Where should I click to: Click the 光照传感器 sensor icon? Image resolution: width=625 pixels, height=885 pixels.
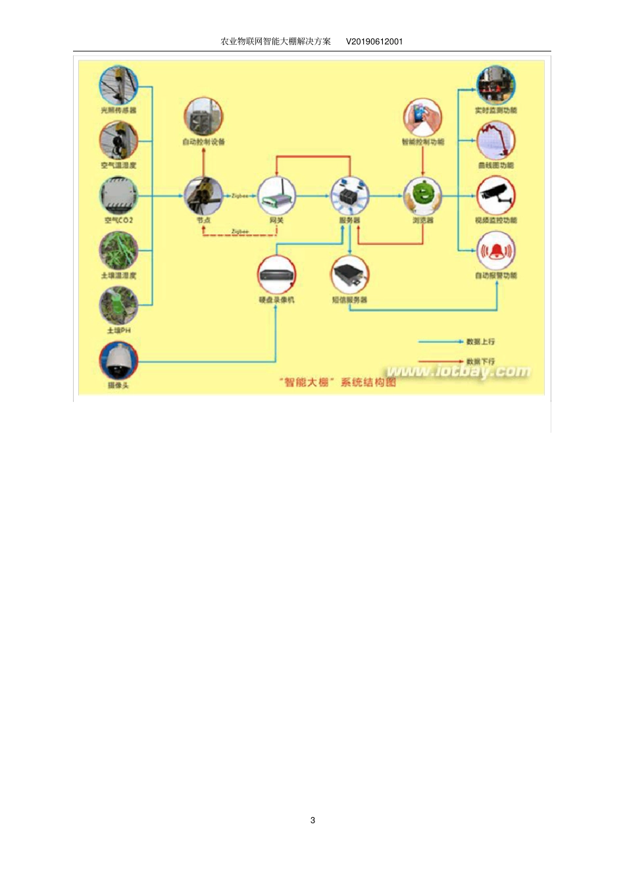coord(118,85)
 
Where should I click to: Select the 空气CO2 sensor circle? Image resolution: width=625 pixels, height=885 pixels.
coord(118,195)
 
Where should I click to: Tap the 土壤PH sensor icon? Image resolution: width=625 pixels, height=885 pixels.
coord(118,305)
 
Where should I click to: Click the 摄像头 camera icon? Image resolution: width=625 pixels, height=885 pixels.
coord(118,361)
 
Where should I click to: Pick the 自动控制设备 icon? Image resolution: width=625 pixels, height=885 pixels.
coord(203,116)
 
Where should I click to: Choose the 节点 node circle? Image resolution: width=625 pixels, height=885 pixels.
coord(203,195)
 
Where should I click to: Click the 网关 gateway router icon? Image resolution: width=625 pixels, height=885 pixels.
coord(276,195)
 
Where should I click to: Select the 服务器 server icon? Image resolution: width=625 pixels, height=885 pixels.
coord(349,195)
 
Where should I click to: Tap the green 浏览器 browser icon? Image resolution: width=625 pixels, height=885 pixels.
coord(422,195)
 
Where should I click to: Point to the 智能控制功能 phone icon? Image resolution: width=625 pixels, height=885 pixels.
coord(422,117)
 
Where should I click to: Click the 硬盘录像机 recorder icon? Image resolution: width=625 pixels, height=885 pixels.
coord(276,275)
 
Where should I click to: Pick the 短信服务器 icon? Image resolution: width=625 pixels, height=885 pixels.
coord(349,275)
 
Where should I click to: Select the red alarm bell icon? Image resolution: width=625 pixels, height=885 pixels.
coord(495,251)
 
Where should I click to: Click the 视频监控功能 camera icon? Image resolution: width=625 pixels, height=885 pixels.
coord(495,195)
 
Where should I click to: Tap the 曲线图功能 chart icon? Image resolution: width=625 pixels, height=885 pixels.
coord(495,140)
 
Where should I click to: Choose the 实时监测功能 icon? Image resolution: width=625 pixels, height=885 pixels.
coord(495,85)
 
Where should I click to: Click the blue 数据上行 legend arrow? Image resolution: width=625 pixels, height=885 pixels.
coord(441,341)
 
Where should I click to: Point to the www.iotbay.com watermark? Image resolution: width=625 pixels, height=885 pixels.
coord(458,372)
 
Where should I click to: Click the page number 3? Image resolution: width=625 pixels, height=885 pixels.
coord(312,820)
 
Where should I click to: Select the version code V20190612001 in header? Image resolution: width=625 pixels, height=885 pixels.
coord(374,41)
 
